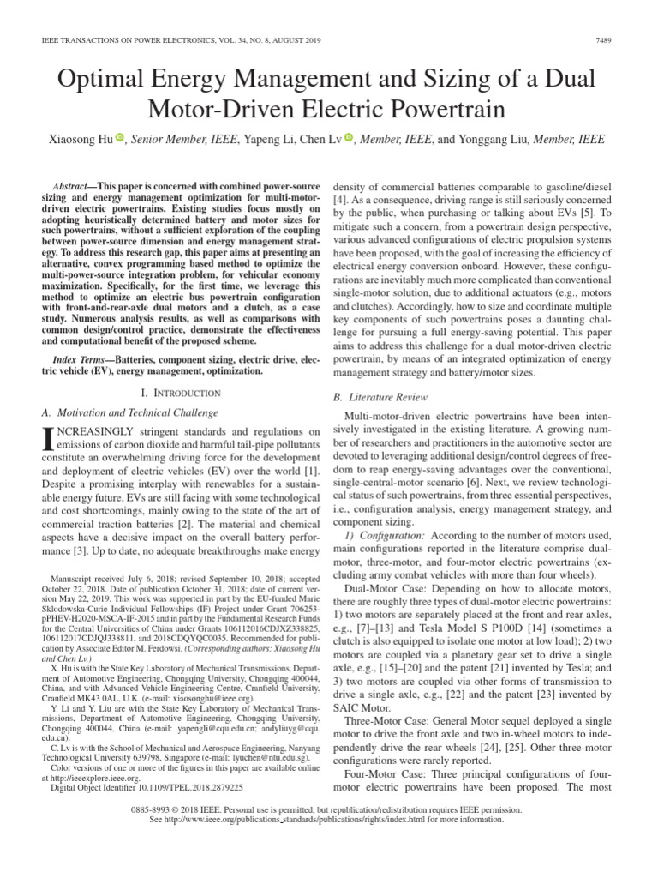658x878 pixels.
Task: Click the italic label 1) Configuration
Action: [385, 534]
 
